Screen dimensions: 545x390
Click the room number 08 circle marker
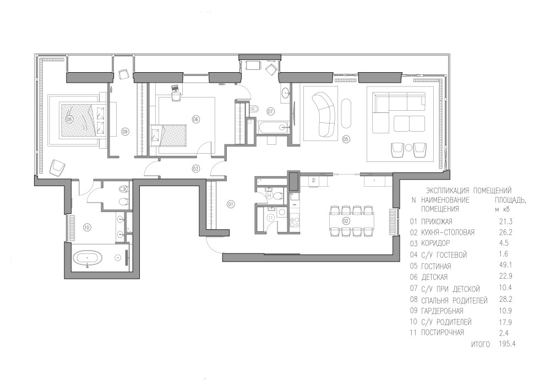pos(68,119)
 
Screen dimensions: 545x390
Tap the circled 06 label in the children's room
pos(195,120)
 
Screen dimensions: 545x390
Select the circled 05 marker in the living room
pos(346,139)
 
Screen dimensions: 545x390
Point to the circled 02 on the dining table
pos(346,220)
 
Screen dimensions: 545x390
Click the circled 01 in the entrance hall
pos(231,204)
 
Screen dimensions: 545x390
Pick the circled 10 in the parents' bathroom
pos(87,227)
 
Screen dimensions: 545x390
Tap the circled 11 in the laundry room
pos(271,218)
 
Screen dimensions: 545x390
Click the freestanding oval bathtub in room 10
pos(88,258)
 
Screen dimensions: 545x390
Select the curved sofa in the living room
pos(324,114)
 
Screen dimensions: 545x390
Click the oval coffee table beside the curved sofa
pos(346,114)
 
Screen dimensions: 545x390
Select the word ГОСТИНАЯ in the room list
pos(436,267)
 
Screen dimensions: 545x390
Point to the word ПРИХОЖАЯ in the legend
pos(437,221)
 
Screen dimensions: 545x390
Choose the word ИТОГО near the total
pos(481,344)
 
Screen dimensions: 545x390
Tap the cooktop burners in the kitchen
pos(295,222)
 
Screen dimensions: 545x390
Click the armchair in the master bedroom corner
pos(57,167)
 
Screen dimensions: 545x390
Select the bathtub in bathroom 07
pos(274,127)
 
